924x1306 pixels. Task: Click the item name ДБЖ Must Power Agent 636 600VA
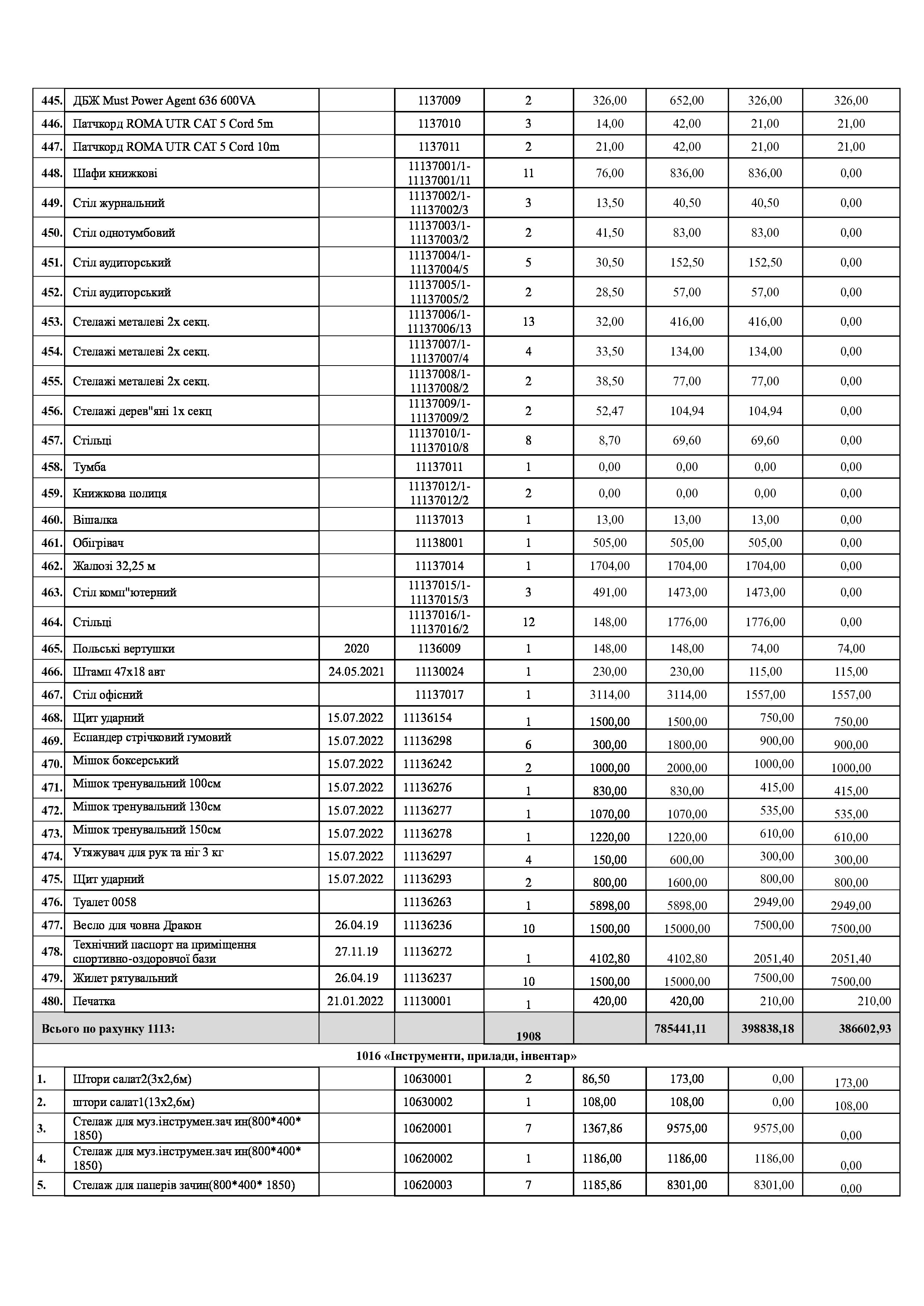click(164, 101)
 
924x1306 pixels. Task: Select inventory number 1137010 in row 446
click(439, 124)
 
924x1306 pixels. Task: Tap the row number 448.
click(51, 173)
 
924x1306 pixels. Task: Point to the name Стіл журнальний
click(118, 203)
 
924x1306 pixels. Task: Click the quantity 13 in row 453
click(528, 322)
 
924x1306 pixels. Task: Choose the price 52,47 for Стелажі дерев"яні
click(609, 411)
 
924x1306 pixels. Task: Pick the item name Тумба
click(89, 467)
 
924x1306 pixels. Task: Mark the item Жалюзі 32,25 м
click(114, 566)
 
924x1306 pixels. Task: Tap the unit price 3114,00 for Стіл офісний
click(609, 695)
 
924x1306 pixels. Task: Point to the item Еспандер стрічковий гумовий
click(152, 738)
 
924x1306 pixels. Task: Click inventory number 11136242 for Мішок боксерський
click(427, 764)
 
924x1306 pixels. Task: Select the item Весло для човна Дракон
click(137, 926)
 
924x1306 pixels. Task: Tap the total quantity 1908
click(528, 1036)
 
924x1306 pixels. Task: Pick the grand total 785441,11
click(687, 1028)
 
